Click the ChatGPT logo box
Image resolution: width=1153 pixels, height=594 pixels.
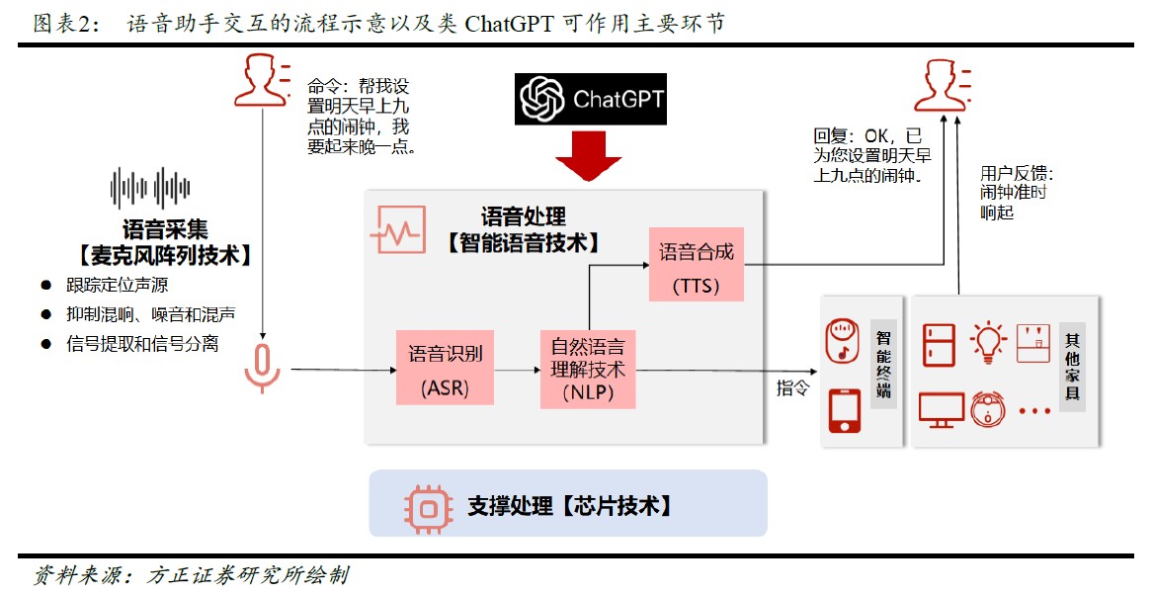tap(590, 99)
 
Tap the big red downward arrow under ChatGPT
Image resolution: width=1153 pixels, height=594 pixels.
tap(588, 156)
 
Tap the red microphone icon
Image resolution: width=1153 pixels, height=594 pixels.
tap(263, 368)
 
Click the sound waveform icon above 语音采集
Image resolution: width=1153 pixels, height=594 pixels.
tap(149, 189)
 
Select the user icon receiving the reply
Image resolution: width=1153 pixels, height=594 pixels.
tap(940, 84)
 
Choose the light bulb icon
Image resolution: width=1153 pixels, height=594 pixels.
tap(987, 341)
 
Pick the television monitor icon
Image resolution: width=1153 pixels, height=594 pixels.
tap(941, 408)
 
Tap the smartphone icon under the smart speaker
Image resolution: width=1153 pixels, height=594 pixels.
tap(843, 409)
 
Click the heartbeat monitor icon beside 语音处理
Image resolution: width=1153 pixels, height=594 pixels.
tap(397, 230)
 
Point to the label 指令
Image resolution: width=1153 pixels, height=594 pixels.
tap(792, 387)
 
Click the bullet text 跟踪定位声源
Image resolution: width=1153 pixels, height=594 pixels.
tap(117, 286)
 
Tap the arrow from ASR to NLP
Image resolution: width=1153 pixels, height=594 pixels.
tap(517, 371)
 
